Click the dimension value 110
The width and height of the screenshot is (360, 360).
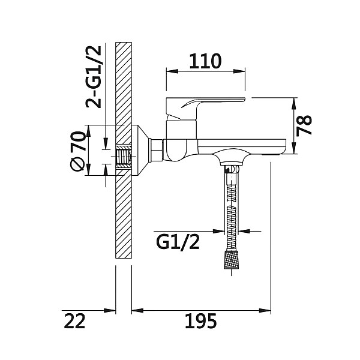(205, 62)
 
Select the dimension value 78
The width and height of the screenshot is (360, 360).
(304, 125)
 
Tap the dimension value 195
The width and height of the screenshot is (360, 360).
(201, 321)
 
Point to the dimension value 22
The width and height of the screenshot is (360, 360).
(74, 321)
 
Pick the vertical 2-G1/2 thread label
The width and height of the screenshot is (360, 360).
(94, 77)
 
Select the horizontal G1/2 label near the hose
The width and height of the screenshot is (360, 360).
(178, 242)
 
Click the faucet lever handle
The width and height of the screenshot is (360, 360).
(205, 109)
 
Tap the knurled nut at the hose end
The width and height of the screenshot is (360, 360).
(231, 259)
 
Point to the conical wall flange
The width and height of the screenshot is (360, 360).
(140, 151)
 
